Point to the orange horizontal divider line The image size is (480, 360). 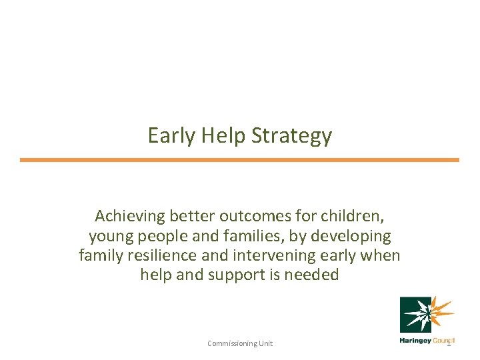[x=239, y=160]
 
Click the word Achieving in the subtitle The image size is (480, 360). [x=129, y=217]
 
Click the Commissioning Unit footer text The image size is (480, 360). [x=240, y=343]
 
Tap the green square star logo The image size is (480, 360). [x=416, y=315]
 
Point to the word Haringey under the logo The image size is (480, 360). [x=415, y=341]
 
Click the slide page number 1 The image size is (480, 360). [x=449, y=343]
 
